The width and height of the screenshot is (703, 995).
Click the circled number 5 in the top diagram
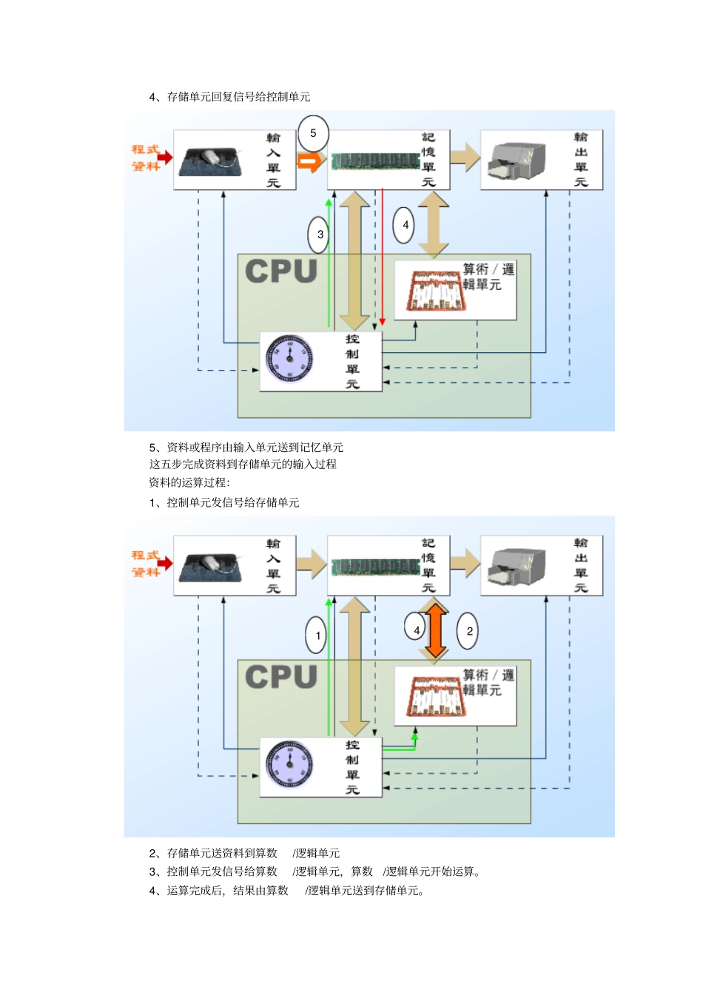[313, 133]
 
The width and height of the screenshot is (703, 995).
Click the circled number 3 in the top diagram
[319, 235]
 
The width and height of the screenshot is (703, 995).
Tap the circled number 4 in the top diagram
[404, 225]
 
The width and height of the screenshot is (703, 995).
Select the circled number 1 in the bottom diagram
[317, 635]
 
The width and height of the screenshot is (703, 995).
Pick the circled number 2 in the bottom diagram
[468, 631]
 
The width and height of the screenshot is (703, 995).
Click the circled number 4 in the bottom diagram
[416, 630]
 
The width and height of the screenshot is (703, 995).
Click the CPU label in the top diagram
[280, 271]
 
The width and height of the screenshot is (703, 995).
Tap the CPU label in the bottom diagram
[280, 677]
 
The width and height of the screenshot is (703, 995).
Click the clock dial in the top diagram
[289, 359]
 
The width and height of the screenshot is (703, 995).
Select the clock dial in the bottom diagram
[289, 764]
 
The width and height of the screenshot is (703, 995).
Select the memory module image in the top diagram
[375, 161]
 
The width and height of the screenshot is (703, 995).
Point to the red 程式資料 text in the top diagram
[147, 158]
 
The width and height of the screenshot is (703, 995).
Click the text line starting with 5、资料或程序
[246, 448]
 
